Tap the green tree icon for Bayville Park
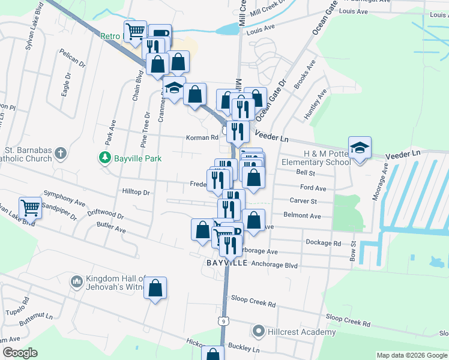coord(104,157)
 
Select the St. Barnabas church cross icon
coord(60,154)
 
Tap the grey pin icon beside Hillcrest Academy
coord(258,331)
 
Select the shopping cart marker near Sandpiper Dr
coord(30,208)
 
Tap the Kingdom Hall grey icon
coord(76,281)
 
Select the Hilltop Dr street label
coord(135,193)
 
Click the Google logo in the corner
coord(20,353)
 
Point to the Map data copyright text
coord(412,355)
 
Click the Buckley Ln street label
coord(247,349)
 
